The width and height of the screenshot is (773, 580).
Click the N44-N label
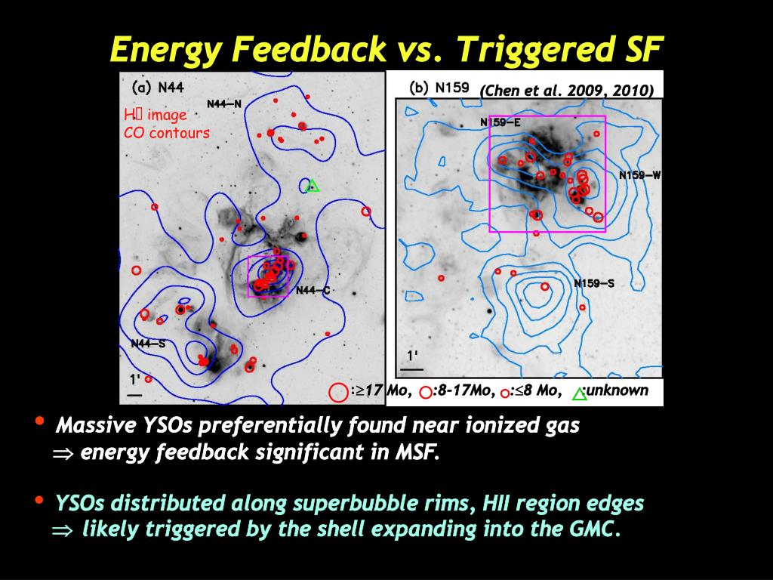click(x=223, y=104)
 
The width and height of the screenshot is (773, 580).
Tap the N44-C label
click(x=313, y=291)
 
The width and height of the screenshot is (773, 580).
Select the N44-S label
click(x=149, y=344)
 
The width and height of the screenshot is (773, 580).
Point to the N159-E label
click(x=500, y=122)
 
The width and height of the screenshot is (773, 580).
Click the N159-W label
click(x=639, y=175)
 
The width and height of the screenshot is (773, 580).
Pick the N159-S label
click(x=594, y=283)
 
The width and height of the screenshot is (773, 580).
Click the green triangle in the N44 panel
click(x=313, y=186)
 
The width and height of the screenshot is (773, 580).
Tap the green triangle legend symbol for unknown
click(x=580, y=393)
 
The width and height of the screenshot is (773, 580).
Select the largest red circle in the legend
click(x=339, y=393)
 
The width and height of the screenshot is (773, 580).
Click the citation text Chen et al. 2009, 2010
click(x=567, y=91)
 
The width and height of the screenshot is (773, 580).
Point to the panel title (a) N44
click(x=158, y=88)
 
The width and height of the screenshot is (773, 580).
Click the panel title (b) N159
click(x=439, y=88)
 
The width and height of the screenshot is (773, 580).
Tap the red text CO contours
click(x=167, y=133)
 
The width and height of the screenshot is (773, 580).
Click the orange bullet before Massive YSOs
click(x=39, y=421)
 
